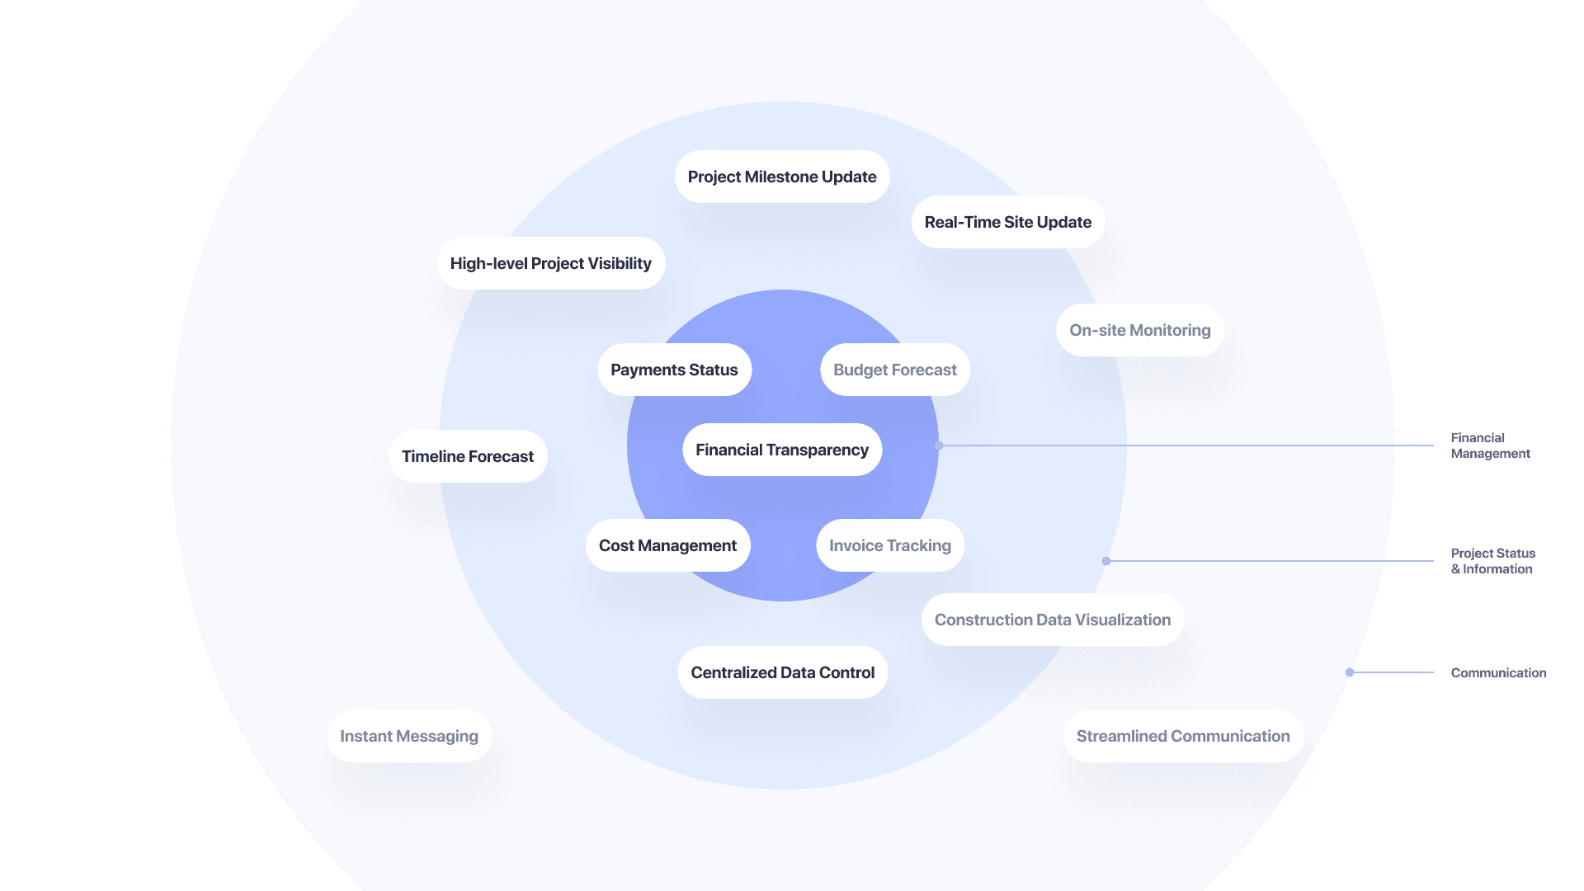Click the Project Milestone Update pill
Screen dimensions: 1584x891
coord(782,177)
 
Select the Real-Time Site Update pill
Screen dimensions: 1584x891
coord(1007,222)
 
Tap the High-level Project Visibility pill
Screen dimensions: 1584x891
coord(550,263)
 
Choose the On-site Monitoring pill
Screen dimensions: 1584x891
coord(1139,330)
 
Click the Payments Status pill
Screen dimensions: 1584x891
coord(674,370)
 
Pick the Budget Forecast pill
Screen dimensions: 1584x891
coord(894,370)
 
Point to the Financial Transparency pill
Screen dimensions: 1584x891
coord(781,450)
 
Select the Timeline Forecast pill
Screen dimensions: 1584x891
coord(467,456)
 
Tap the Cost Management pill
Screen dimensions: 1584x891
coord(667,545)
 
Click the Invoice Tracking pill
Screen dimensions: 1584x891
coord(889,545)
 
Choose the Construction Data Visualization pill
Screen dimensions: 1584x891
coord(1052,620)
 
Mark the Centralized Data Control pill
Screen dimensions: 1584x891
coord(782,672)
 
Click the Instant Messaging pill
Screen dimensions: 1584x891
coord(408,736)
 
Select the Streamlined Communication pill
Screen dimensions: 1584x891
coord(1182,736)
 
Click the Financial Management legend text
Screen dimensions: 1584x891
coord(1490,445)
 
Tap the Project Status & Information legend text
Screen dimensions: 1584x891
coord(1492,561)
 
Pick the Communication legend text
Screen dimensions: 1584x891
coord(1498,673)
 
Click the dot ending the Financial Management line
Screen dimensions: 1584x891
coord(939,445)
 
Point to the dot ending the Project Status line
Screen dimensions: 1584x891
coord(1106,561)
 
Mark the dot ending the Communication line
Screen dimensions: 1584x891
coord(1350,672)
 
